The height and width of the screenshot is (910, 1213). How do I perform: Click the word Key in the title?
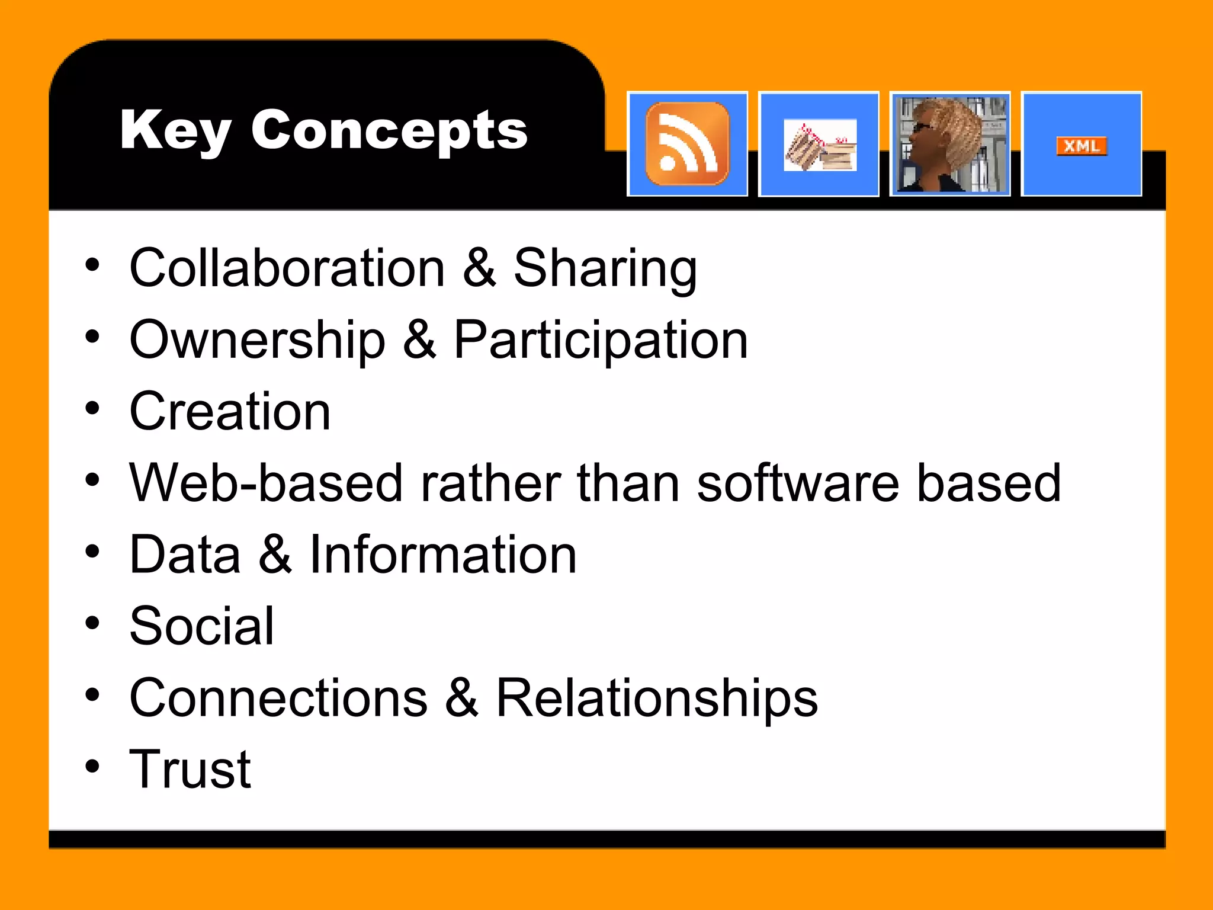click(x=175, y=132)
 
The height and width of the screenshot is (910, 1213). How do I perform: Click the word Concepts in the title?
click(x=389, y=132)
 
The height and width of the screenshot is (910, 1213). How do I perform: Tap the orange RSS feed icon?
click(x=687, y=144)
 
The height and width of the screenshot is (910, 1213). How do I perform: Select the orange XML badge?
click(x=1082, y=146)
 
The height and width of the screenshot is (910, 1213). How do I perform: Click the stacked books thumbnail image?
click(x=820, y=146)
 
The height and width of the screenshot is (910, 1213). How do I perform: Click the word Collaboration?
click(x=287, y=268)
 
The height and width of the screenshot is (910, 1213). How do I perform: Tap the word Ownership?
click(x=257, y=341)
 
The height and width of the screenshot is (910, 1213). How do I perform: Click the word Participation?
click(x=601, y=341)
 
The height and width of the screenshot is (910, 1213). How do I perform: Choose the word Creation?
click(x=230, y=412)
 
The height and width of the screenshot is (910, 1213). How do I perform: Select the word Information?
click(x=442, y=555)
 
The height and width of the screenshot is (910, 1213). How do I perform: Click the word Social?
click(x=202, y=626)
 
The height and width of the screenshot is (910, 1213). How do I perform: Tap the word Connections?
click(x=278, y=698)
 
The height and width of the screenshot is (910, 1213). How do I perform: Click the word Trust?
click(x=190, y=770)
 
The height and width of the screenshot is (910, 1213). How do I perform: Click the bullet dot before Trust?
click(x=92, y=767)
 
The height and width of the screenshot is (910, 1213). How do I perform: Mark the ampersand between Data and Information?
click(x=275, y=555)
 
